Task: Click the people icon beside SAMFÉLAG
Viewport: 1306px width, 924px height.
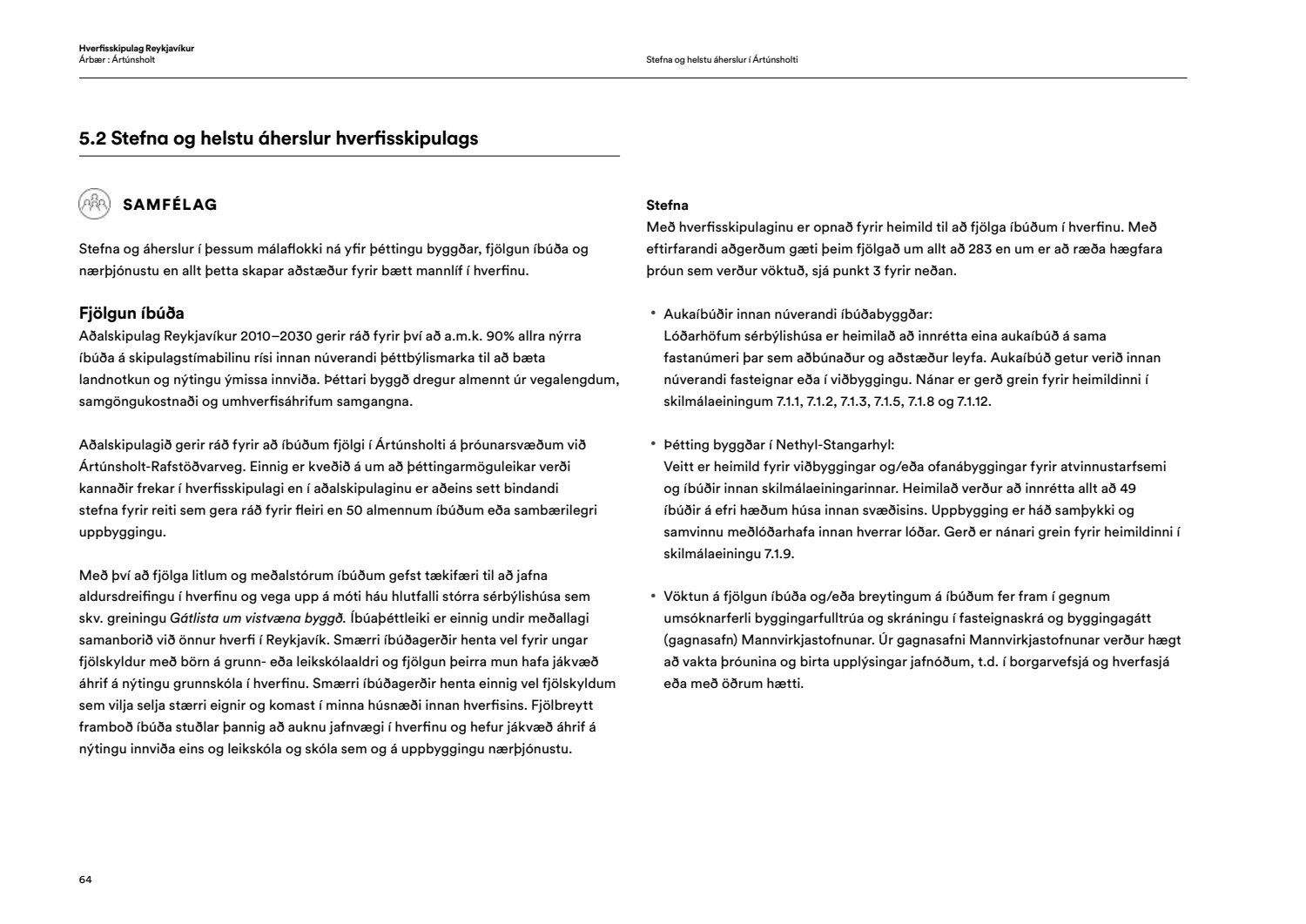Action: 95,204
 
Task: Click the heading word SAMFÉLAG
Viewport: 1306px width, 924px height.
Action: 171,205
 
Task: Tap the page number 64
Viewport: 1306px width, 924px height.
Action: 85,880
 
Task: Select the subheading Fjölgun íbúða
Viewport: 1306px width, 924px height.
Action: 131,314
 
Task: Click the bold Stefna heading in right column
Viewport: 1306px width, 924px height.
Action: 667,206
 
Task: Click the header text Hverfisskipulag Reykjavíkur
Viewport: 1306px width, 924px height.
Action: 136,48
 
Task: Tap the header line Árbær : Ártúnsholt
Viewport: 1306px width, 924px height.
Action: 117,59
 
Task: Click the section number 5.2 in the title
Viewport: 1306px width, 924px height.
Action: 92,138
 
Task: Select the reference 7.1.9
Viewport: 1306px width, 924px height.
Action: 778,554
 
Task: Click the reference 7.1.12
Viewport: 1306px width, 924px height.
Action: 973,401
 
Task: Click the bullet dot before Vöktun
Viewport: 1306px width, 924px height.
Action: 652,597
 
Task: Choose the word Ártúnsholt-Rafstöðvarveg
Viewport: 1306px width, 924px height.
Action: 157,467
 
